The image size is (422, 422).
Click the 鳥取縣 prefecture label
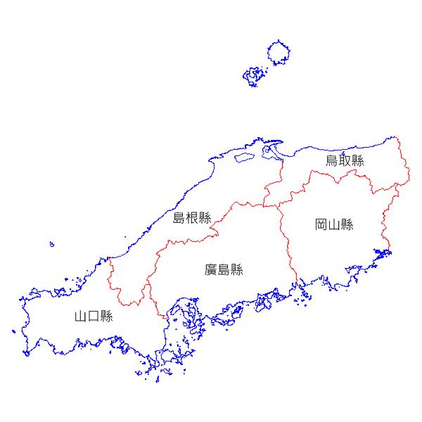(x=345, y=161)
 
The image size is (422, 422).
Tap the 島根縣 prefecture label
(x=192, y=218)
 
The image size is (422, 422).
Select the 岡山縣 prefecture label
(x=334, y=225)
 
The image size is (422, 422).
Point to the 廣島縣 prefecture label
(x=224, y=269)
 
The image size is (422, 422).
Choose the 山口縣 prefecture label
(x=94, y=316)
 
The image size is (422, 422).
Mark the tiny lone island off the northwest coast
(x=51, y=245)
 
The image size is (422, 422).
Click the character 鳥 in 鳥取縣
(x=332, y=161)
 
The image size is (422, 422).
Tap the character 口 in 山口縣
(x=94, y=316)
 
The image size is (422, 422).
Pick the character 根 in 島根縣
(x=192, y=218)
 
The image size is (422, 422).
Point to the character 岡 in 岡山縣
(x=321, y=225)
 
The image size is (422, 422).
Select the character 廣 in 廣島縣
(x=211, y=269)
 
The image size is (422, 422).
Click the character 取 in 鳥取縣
(x=345, y=161)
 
